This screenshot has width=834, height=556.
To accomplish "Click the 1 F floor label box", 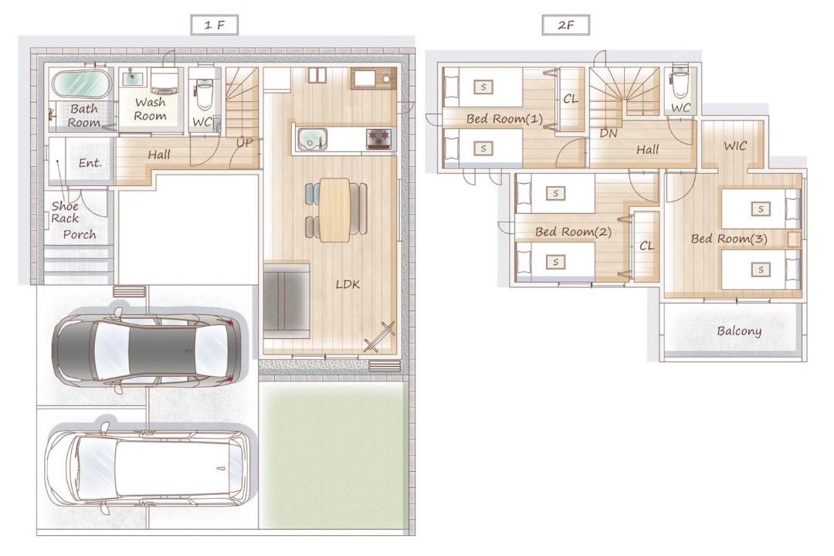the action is tap(215, 25).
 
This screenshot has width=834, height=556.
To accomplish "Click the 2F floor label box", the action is tap(566, 25).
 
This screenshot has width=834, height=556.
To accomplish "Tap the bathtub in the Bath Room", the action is tap(81, 84).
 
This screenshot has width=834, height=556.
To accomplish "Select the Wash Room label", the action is tap(150, 109).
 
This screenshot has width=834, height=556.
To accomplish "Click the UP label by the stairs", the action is tap(244, 143).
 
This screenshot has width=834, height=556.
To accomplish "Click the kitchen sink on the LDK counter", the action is tap(312, 140).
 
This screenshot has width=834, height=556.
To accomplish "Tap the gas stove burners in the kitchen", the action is tap(378, 139).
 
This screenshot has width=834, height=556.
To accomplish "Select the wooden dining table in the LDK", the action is tap(334, 209).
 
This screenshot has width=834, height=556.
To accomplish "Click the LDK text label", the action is tap(347, 285).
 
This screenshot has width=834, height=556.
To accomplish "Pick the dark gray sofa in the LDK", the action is tap(286, 300).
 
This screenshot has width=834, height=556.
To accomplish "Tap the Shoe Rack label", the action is tap(65, 212).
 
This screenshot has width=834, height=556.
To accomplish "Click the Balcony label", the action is tap(739, 331).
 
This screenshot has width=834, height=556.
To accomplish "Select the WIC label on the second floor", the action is tap(735, 146).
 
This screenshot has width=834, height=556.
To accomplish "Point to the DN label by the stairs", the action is tap(608, 133).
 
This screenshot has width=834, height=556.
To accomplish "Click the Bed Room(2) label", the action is tap(573, 232).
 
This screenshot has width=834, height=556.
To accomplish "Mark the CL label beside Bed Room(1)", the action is tap(570, 99).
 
